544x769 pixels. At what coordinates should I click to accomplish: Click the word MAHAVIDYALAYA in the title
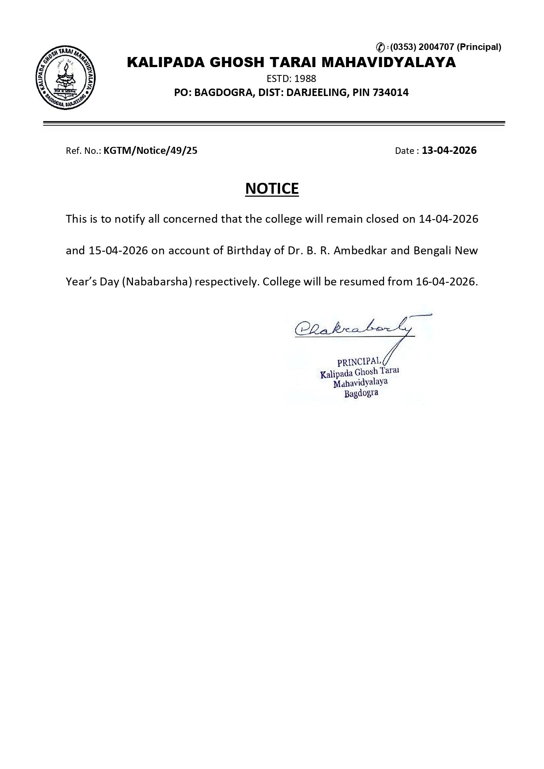[x=389, y=63]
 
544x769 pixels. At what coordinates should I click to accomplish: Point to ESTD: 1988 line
[x=291, y=79]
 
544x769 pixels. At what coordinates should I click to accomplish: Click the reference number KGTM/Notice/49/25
[x=150, y=151]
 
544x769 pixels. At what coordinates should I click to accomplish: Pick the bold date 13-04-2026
[x=449, y=150]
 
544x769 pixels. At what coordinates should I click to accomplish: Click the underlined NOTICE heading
[x=272, y=188]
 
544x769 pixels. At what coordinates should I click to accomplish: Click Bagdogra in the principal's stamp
[x=361, y=393]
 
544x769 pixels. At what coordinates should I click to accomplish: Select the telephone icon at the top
[x=381, y=47]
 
